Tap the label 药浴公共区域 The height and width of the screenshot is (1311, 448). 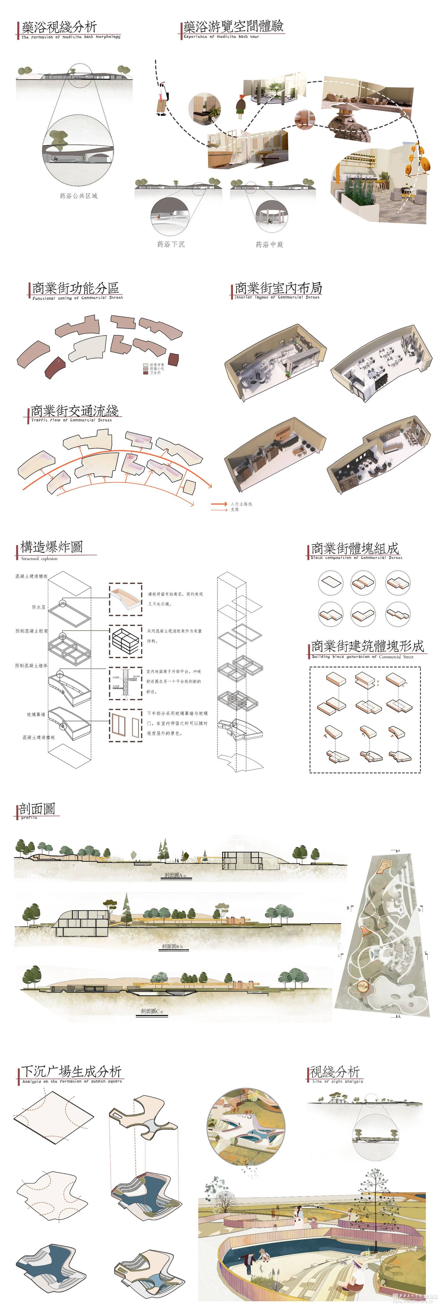78,196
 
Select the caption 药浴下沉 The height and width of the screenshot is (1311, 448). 171,244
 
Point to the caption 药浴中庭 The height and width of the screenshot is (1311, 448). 269,244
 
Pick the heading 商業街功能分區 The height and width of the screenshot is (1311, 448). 75,288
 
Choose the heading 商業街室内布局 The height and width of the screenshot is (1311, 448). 278,288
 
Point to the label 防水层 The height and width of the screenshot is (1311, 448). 39,607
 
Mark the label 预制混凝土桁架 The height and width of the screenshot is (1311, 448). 32,631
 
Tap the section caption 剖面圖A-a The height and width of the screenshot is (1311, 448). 175,875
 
